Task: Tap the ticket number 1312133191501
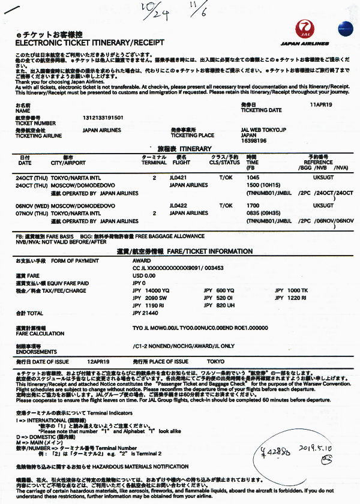tap(103, 118)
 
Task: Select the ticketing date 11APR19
tap(321, 104)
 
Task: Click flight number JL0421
tap(179, 178)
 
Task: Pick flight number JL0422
tap(179, 206)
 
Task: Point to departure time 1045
tap(253, 178)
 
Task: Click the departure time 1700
tap(253, 206)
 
